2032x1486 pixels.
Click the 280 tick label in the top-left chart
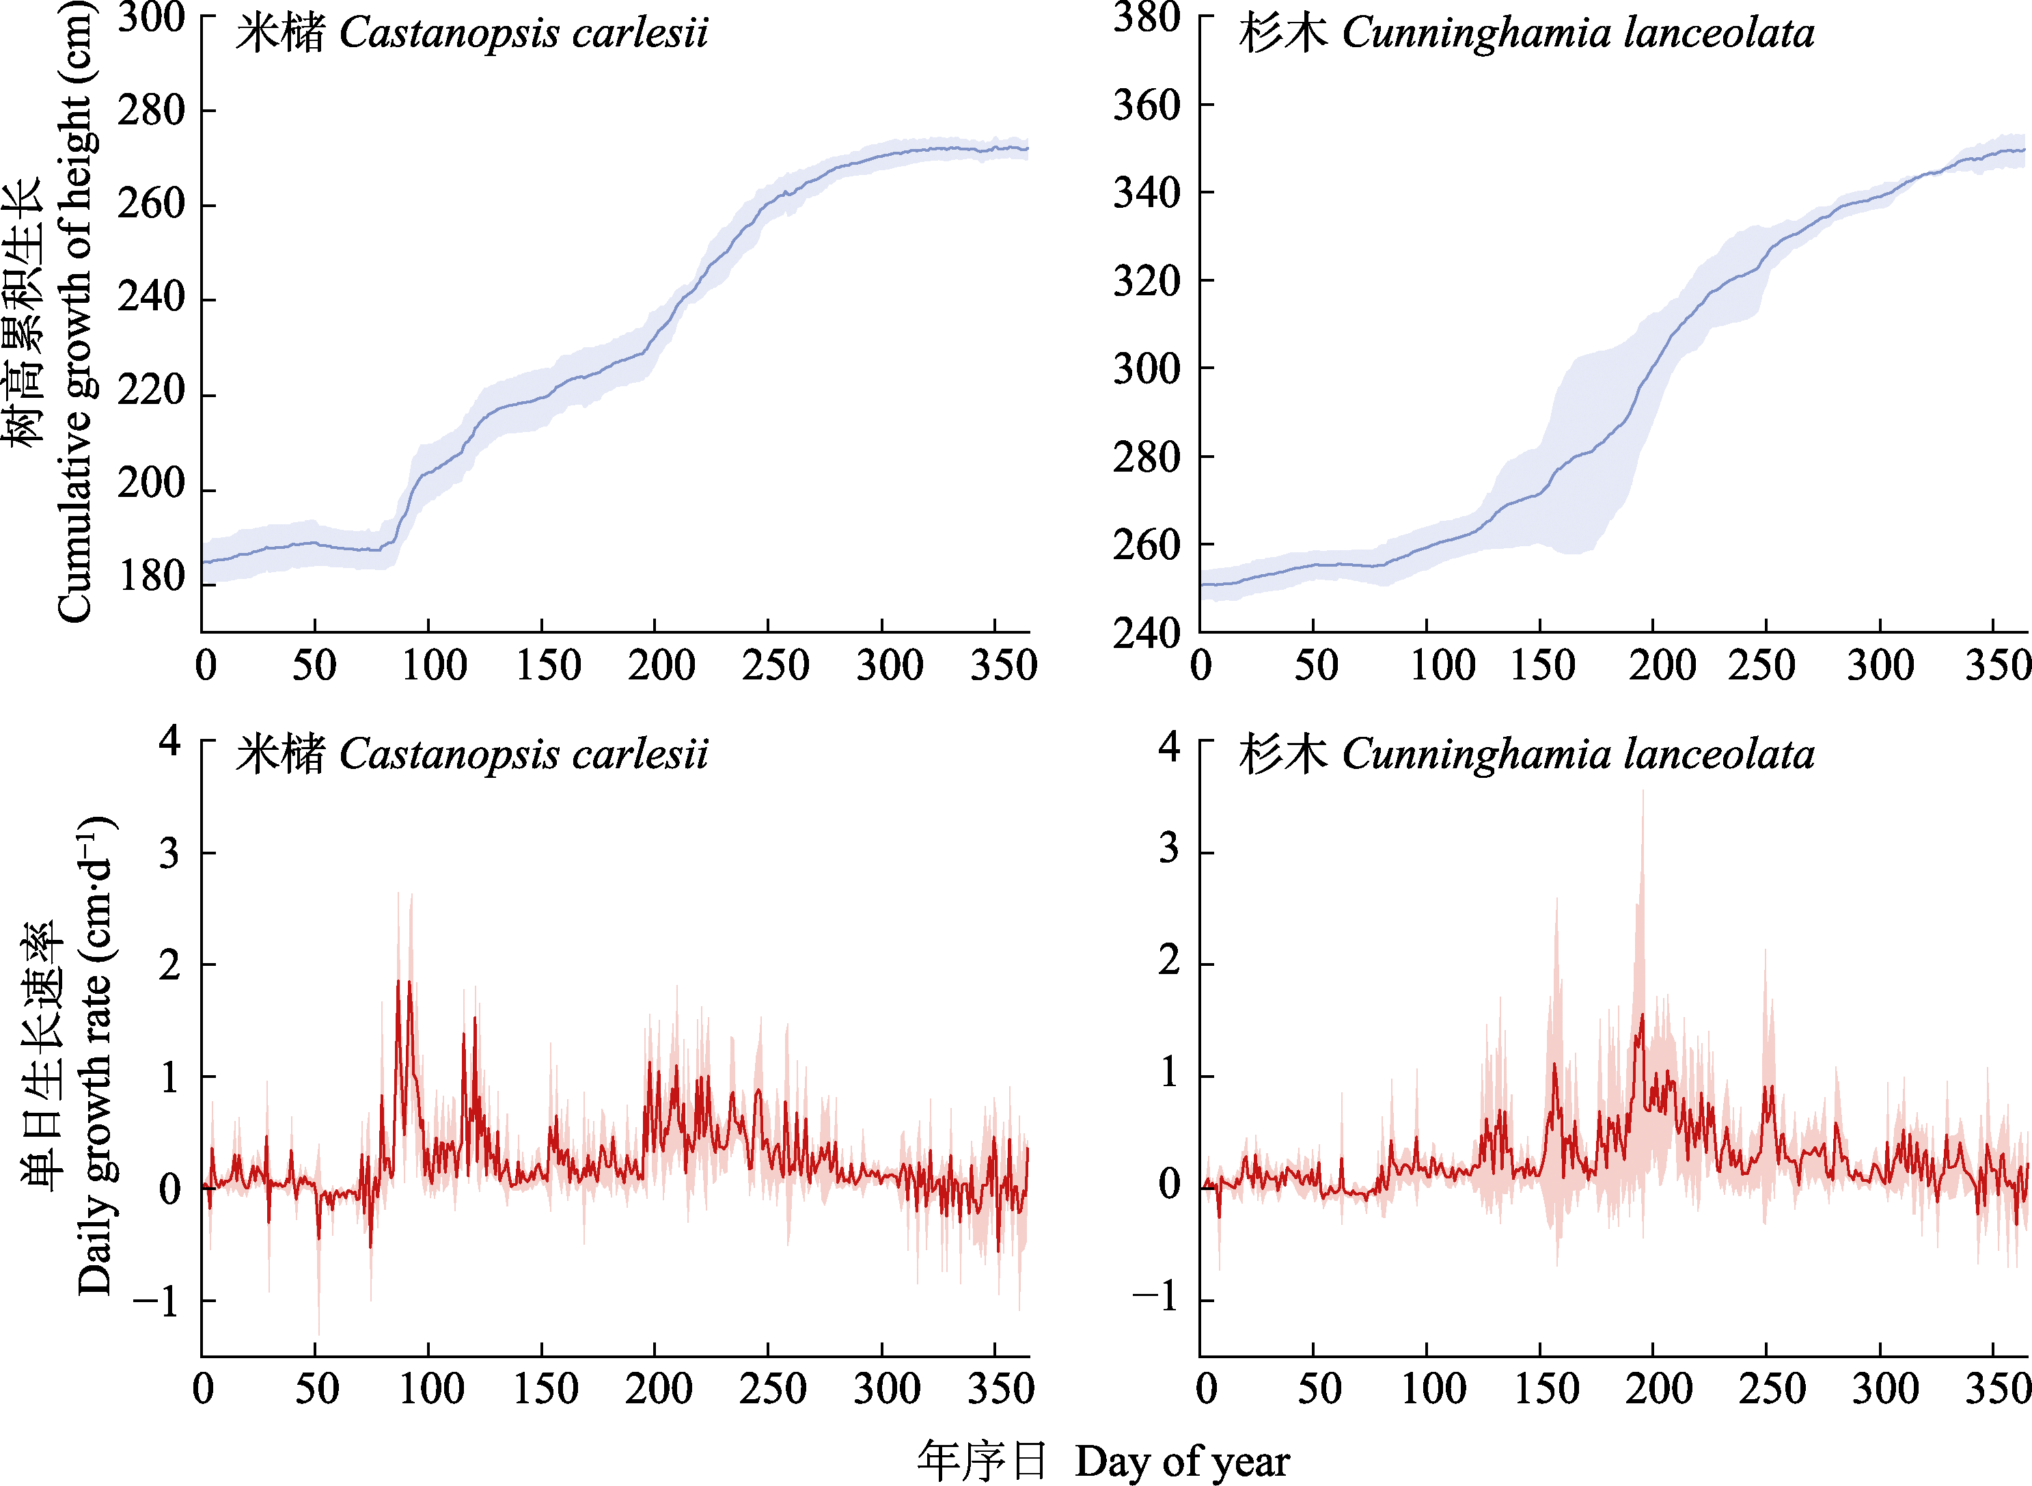151,111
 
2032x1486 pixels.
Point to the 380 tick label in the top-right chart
1147,18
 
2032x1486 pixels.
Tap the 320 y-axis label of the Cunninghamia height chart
1147,281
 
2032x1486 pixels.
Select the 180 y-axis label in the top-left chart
151,577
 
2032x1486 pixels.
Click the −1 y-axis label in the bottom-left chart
157,1301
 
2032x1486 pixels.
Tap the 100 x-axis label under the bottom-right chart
1434,1388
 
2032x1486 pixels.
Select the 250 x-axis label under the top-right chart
1761,666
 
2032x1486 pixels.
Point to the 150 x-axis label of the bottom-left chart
545,1388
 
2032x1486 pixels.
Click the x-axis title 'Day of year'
1181,1461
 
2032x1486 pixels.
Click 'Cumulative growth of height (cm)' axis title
76,310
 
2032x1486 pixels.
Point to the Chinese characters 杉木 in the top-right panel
1282,33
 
